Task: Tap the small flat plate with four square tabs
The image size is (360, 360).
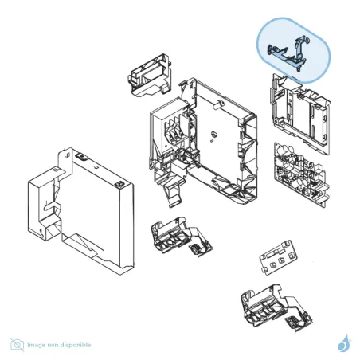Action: [277, 260]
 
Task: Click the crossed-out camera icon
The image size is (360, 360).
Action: [17, 345]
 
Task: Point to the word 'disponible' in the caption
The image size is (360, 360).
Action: [76, 345]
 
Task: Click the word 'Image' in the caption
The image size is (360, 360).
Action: [37, 345]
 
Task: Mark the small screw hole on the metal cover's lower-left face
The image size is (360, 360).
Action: [39, 231]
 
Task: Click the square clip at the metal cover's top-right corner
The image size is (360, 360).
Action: [120, 184]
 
